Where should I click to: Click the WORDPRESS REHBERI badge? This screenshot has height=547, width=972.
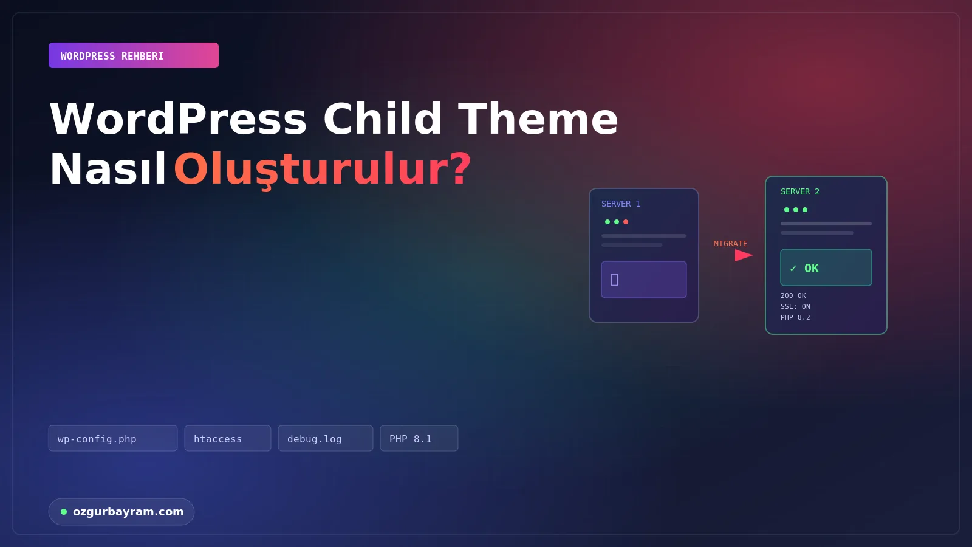(x=134, y=55)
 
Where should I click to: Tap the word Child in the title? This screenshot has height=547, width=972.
(x=382, y=119)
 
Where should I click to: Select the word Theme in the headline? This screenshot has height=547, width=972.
(x=538, y=119)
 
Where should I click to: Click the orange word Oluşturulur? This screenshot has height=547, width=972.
(x=323, y=170)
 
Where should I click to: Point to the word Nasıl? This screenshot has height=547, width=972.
(x=108, y=169)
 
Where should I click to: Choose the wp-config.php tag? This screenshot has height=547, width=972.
(x=113, y=438)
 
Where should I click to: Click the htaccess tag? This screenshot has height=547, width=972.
(x=228, y=438)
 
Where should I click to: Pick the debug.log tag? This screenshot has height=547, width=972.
(x=326, y=438)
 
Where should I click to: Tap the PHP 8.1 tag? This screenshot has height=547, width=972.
(x=419, y=438)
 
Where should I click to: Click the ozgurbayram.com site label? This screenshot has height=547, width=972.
(x=128, y=512)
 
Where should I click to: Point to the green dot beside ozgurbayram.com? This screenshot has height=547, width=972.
(x=64, y=512)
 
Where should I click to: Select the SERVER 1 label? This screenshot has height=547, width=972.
(x=620, y=204)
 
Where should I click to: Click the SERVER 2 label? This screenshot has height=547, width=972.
(x=799, y=191)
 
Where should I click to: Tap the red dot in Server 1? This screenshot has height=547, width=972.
(x=626, y=222)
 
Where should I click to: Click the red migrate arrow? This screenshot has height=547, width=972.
(x=744, y=255)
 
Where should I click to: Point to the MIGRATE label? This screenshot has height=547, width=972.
(x=731, y=244)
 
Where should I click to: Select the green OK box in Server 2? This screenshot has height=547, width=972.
(x=826, y=267)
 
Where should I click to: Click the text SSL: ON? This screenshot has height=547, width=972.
(x=795, y=306)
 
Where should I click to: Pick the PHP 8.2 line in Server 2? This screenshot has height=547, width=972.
(x=795, y=317)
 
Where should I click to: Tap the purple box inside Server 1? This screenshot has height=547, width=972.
(x=644, y=280)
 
